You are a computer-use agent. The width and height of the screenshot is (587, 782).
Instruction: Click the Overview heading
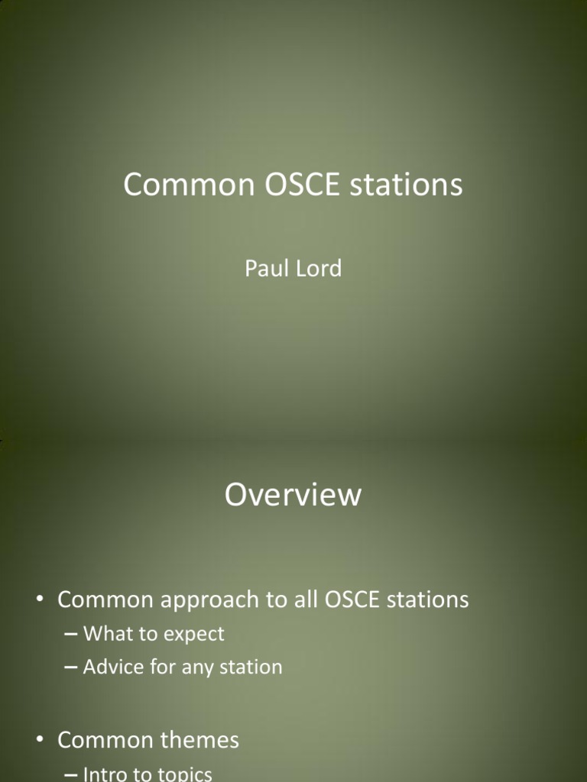click(x=293, y=495)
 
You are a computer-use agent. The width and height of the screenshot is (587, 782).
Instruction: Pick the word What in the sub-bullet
click(x=106, y=634)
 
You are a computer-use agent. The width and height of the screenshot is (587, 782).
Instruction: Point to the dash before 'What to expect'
click(x=71, y=635)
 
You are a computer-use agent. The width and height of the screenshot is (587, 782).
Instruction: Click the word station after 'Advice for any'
click(x=251, y=667)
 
